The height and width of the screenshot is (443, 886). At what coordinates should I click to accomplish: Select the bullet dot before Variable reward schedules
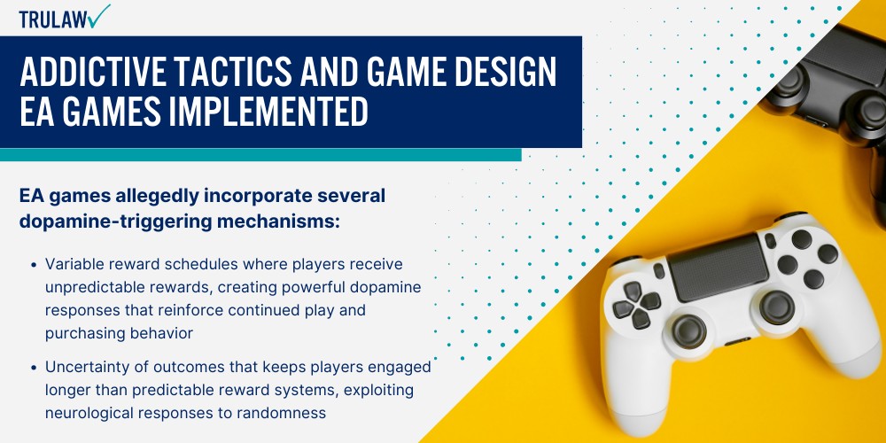tap(33, 266)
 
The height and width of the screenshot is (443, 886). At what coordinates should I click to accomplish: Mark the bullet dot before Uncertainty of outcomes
tap(33, 368)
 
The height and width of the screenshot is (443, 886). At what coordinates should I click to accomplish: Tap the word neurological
tap(90, 413)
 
